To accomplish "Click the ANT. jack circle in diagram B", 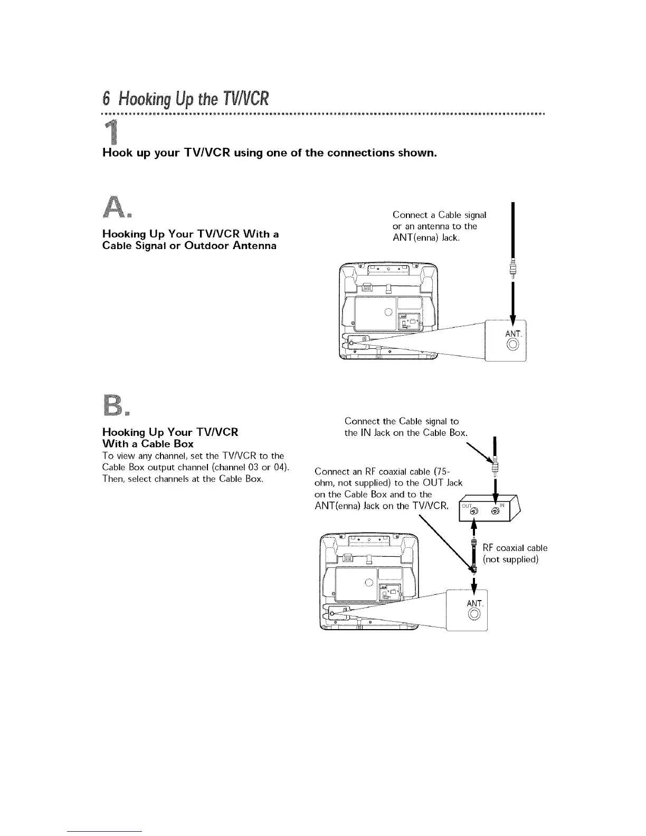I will coord(474,614).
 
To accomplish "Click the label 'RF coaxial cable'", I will coord(515,548).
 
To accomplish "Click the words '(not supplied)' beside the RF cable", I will coord(510,558).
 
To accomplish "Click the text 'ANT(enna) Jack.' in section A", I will coord(426,237).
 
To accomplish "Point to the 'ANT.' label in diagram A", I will coord(513,334).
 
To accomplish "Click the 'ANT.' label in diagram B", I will coord(475,603).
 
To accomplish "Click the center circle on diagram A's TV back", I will coord(387,311).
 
